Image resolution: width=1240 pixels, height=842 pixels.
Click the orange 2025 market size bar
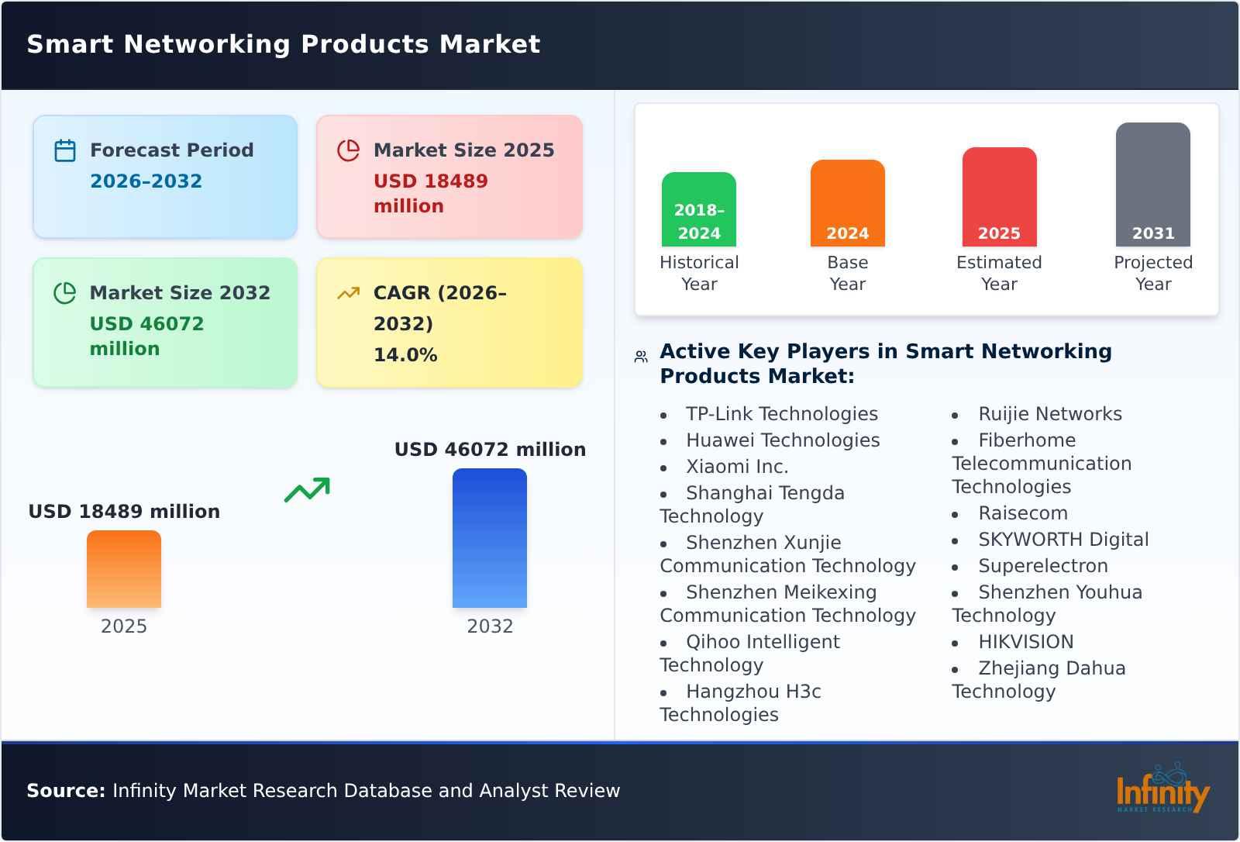pos(124,569)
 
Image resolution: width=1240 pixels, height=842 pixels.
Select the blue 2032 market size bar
pos(490,538)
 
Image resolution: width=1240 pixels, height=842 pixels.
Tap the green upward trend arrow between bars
pos(307,490)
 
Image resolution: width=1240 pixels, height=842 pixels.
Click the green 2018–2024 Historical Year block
pos(699,209)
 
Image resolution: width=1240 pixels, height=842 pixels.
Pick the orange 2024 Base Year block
pos(848,203)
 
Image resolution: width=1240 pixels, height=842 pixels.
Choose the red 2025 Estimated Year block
pos(999,197)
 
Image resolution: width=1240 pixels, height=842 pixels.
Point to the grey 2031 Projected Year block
pos(1152,185)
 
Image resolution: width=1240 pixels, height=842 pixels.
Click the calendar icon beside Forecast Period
pos(65,150)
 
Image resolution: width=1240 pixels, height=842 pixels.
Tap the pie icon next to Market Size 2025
pos(349,150)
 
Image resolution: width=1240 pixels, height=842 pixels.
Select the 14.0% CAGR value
pos(405,355)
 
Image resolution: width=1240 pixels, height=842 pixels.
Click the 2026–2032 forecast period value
pos(146,181)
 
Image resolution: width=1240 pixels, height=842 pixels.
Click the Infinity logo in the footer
pos(1162,789)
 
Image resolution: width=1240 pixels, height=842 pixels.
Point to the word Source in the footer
pos(65,791)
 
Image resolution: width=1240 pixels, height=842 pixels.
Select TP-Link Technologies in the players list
pos(781,414)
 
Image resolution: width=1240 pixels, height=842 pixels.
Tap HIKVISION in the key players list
pos(1025,642)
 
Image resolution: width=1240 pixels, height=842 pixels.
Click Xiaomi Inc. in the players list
pos(736,467)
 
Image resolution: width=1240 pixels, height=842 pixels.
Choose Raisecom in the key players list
pos(1022,513)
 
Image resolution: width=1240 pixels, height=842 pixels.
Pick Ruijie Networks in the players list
pos(1049,414)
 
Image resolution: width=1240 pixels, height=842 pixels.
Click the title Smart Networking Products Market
pos(284,44)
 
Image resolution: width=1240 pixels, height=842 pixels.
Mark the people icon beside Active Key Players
pos(641,357)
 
